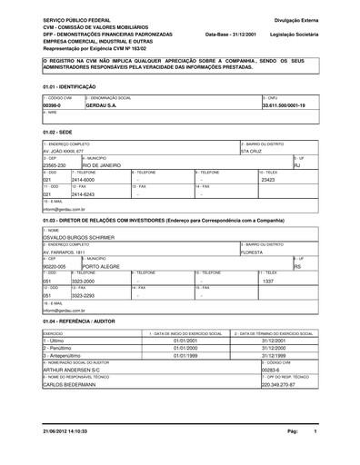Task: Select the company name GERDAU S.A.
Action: (x=105, y=105)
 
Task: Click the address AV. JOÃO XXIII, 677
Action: (x=65, y=152)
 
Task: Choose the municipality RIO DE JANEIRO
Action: (x=108, y=165)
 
